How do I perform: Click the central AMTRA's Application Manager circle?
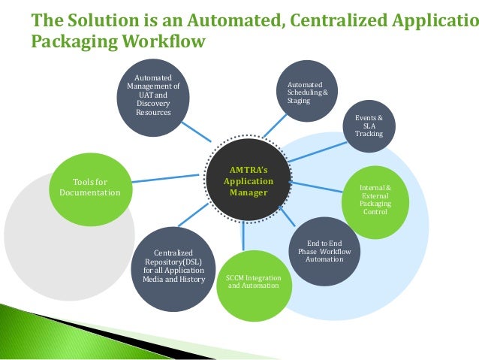click(x=249, y=181)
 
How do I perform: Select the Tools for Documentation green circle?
click(x=90, y=186)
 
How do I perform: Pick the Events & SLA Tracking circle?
click(x=369, y=126)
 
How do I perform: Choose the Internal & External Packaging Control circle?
click(x=375, y=197)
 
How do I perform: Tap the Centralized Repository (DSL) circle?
click(x=174, y=265)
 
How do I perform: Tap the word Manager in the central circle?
click(x=249, y=192)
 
